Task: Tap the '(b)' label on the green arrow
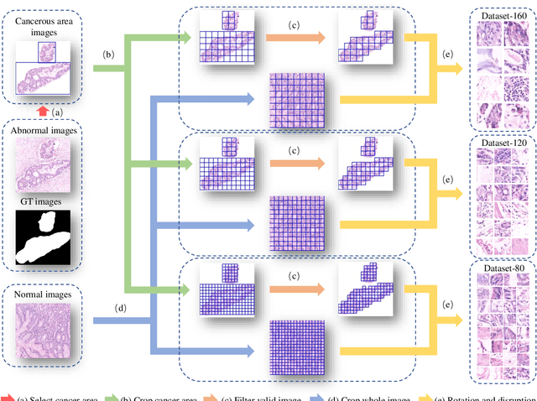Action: pyautogui.click(x=109, y=55)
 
